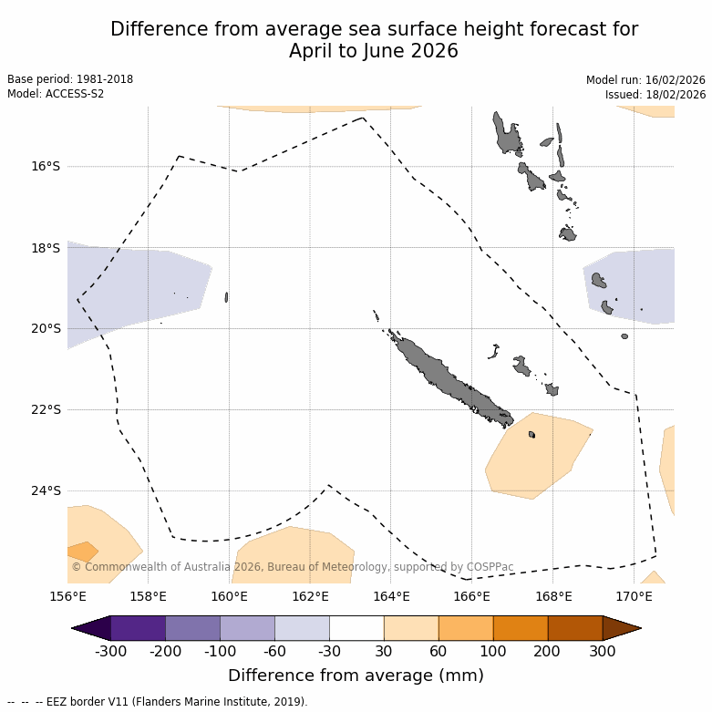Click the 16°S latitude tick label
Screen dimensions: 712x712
tap(46, 166)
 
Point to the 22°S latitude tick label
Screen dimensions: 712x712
tap(46, 409)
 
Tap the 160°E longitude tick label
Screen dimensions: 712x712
tap(229, 597)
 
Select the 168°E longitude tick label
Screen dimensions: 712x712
tap(553, 597)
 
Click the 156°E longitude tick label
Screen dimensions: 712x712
tap(67, 597)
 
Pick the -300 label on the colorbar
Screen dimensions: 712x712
tap(110, 652)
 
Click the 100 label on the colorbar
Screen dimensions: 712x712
tap(493, 652)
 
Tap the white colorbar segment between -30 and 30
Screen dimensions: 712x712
tap(356, 628)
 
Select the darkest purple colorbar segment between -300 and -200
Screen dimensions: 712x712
tap(138, 628)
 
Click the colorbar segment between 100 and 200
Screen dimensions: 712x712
tap(521, 628)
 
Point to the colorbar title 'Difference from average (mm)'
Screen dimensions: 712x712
tap(356, 676)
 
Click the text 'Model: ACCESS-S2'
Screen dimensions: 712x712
tap(56, 95)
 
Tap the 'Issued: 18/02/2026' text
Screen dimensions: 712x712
tap(655, 95)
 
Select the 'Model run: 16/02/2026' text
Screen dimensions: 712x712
tap(645, 80)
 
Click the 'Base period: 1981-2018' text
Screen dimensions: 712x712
tap(70, 80)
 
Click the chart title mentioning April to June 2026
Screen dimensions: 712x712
tap(374, 41)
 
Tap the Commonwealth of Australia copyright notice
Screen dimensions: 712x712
tap(292, 567)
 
